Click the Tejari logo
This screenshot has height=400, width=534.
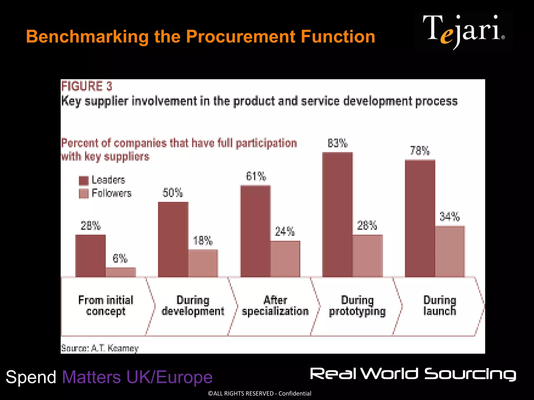point(464,32)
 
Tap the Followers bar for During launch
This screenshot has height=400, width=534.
point(450,251)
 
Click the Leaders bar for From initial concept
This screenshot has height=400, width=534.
point(90,255)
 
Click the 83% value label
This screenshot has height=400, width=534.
point(338,143)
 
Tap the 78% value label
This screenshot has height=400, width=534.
point(420,151)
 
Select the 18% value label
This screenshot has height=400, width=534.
point(203,241)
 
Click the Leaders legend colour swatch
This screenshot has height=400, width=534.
point(84,180)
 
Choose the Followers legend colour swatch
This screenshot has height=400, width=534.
point(84,193)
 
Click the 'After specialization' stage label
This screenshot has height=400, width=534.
point(275,306)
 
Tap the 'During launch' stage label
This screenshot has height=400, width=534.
point(440,306)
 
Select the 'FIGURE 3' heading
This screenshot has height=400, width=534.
point(87,86)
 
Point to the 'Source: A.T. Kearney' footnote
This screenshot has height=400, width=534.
point(100,348)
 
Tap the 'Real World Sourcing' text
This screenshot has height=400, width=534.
point(413,374)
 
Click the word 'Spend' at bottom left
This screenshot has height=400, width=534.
point(31,377)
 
